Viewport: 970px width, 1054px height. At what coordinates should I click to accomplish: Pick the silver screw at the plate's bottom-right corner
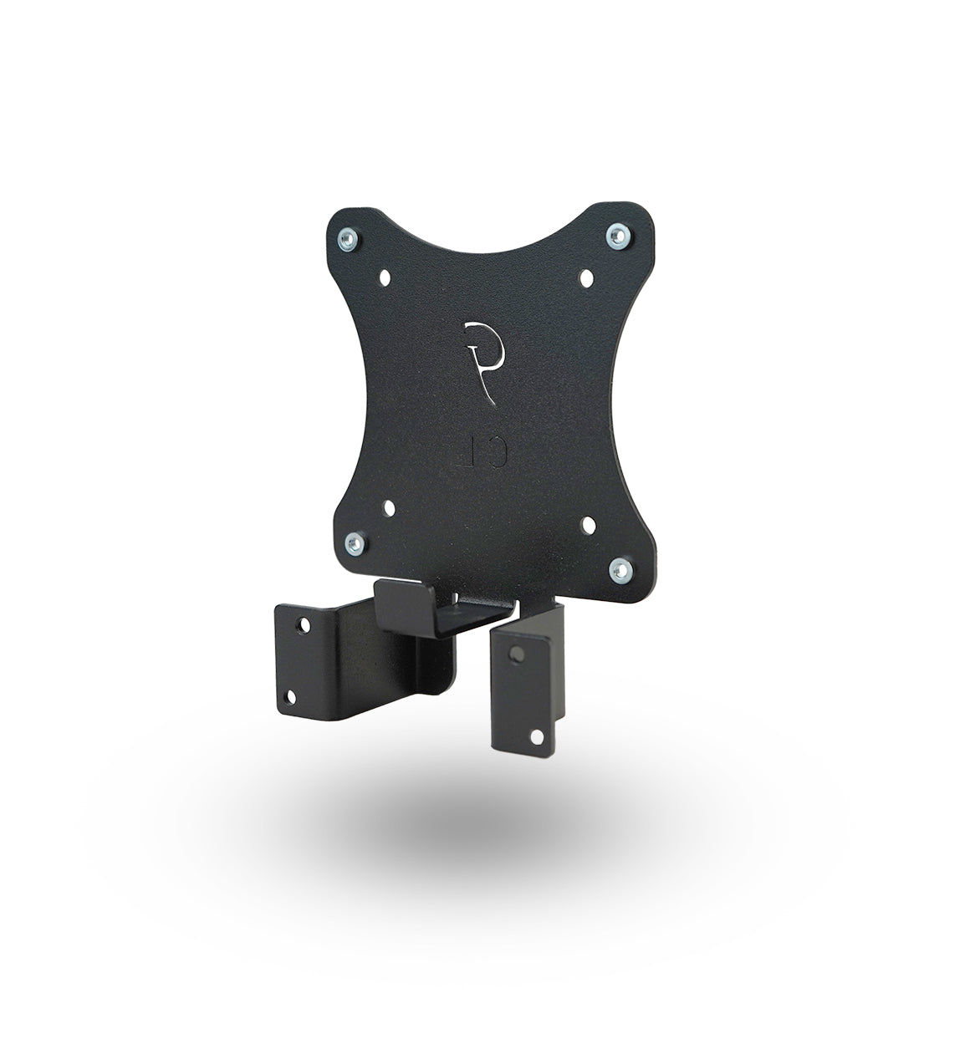tap(619, 571)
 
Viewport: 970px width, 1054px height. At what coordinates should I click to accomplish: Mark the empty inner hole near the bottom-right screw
tap(587, 525)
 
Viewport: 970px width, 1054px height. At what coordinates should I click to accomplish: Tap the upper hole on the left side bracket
tap(300, 623)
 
